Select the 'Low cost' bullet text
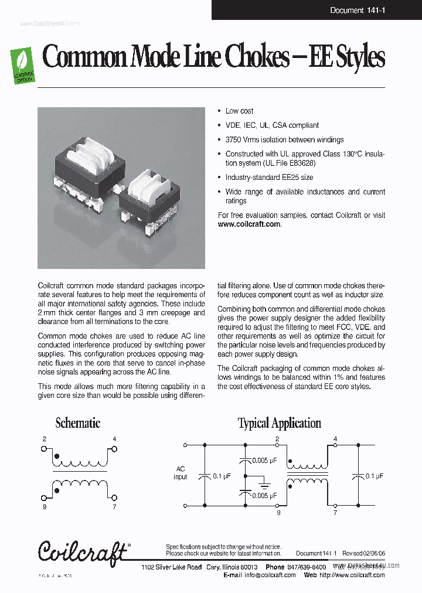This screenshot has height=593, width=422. pos(239,111)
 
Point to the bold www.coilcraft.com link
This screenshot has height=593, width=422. pos(249,224)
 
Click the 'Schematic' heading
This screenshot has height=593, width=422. pos(77,423)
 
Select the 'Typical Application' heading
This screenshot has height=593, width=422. pos(279,423)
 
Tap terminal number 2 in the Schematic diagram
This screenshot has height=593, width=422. pos(45,439)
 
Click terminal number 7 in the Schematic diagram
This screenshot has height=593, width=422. pos(114,506)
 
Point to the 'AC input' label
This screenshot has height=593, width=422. pos(181,473)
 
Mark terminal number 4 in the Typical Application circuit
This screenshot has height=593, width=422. pos(335,439)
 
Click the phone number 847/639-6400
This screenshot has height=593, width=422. pos(307,567)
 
